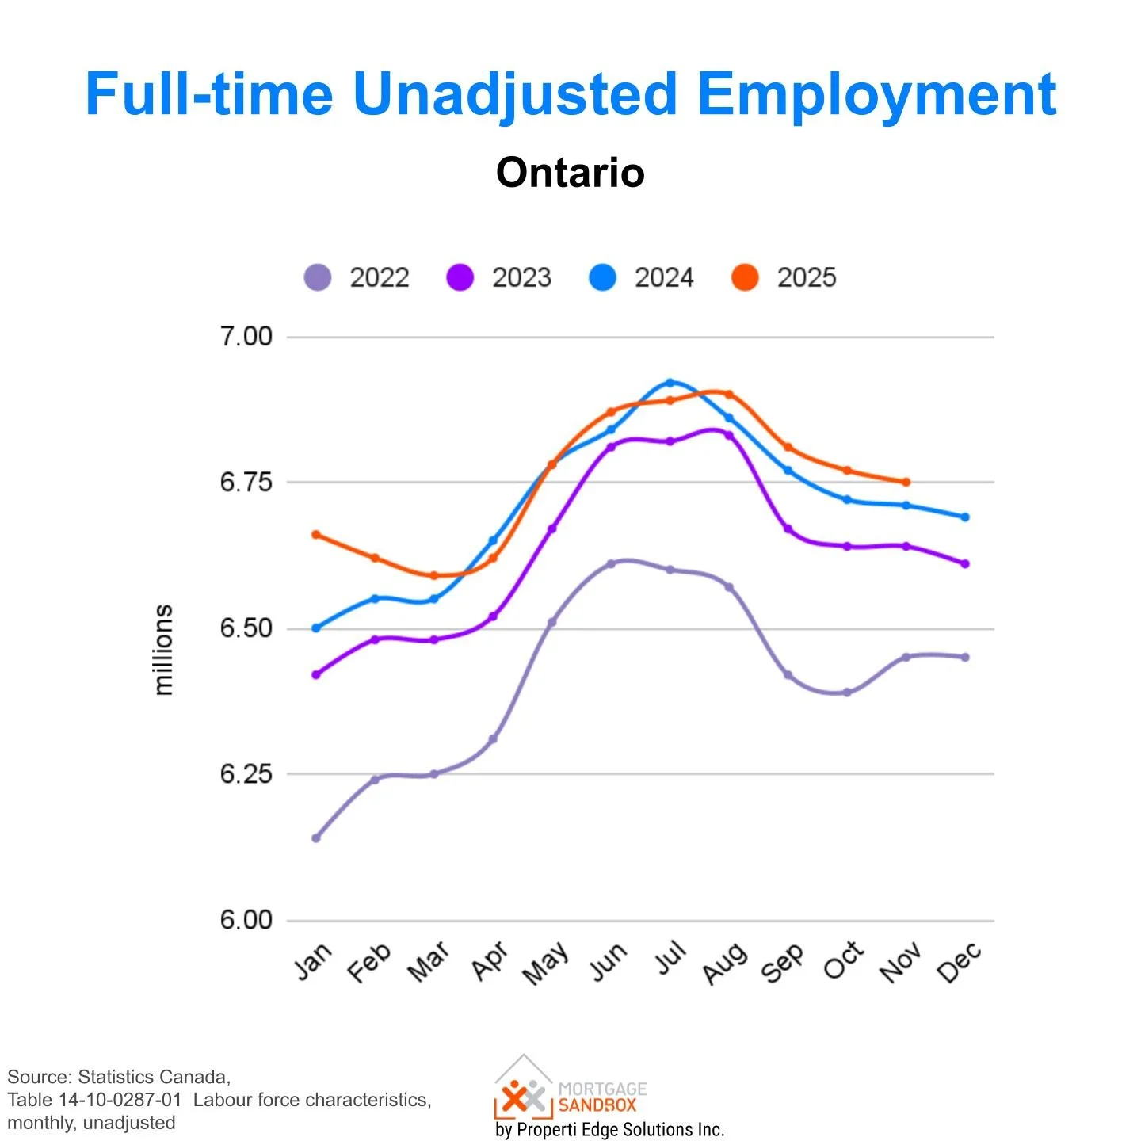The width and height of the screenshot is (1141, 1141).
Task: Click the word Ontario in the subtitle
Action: click(x=570, y=172)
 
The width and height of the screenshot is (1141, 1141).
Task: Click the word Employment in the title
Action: click(x=876, y=94)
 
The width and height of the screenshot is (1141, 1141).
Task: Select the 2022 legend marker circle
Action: click(x=318, y=277)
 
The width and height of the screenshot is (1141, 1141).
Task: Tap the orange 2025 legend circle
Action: click(x=745, y=277)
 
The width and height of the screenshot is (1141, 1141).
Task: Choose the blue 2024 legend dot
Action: click(x=603, y=277)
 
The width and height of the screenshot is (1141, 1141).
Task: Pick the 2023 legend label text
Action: click(x=521, y=277)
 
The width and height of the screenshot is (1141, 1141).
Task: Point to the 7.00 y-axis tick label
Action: click(x=246, y=336)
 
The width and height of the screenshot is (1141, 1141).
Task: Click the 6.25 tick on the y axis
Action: click(x=246, y=773)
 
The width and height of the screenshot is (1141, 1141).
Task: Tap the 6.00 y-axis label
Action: click(x=246, y=920)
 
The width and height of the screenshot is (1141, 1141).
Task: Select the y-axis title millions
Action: click(x=162, y=650)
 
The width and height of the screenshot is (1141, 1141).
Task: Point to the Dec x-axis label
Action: click(x=959, y=963)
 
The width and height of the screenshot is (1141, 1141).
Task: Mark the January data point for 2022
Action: click(x=316, y=838)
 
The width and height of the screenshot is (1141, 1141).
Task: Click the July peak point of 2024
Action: click(x=670, y=383)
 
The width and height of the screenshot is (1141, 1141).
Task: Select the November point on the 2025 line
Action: click(x=906, y=482)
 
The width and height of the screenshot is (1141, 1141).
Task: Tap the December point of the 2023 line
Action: click(x=965, y=564)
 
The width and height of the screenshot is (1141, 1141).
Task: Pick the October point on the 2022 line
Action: click(x=847, y=693)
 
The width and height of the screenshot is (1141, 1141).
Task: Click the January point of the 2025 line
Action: click(x=316, y=535)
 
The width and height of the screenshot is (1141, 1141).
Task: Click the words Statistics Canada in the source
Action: click(x=154, y=1077)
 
